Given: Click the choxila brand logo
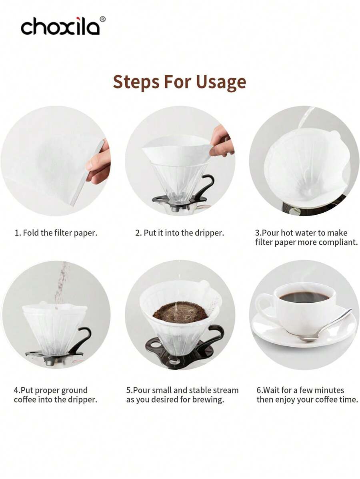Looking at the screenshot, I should (60, 27).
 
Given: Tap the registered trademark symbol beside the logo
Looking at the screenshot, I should (102, 19).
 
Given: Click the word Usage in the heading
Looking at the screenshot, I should (221, 82).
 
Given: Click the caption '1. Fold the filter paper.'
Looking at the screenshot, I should (56, 233).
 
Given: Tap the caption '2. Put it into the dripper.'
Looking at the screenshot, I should (180, 233).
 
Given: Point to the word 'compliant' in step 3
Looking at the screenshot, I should (337, 242).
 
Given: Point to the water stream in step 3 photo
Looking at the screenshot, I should (304, 118).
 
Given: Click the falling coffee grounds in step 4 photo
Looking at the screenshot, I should (61, 282).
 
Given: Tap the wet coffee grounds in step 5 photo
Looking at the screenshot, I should (180, 312).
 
